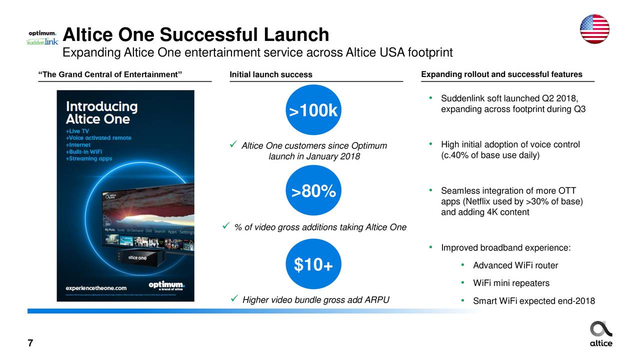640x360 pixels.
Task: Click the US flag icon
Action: click(594, 29)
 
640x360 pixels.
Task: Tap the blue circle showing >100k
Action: click(313, 110)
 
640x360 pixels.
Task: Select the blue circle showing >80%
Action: click(313, 190)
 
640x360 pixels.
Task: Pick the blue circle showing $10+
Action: click(313, 264)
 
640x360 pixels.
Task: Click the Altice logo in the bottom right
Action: click(601, 333)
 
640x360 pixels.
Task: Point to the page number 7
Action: click(30, 343)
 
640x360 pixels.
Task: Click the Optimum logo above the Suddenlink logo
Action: click(42, 33)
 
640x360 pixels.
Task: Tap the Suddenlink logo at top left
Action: click(42, 42)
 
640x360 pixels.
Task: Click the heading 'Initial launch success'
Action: click(270, 75)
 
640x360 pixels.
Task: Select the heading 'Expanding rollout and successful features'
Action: click(501, 74)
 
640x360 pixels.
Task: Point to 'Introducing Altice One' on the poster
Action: click(102, 113)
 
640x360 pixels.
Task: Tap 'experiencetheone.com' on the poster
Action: click(96, 288)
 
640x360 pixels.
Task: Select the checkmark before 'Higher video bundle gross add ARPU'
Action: click(234, 299)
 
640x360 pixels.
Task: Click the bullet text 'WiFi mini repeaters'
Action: click(511, 283)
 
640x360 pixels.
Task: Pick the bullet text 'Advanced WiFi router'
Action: click(515, 265)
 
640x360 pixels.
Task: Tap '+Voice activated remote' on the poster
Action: click(98, 137)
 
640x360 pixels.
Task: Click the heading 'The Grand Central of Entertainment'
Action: click(110, 75)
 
